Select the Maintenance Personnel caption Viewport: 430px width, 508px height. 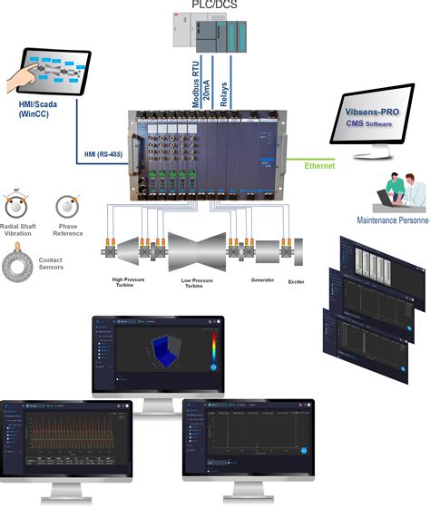click(391, 220)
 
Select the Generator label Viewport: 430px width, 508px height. click(263, 280)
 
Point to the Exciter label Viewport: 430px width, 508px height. click(297, 283)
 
